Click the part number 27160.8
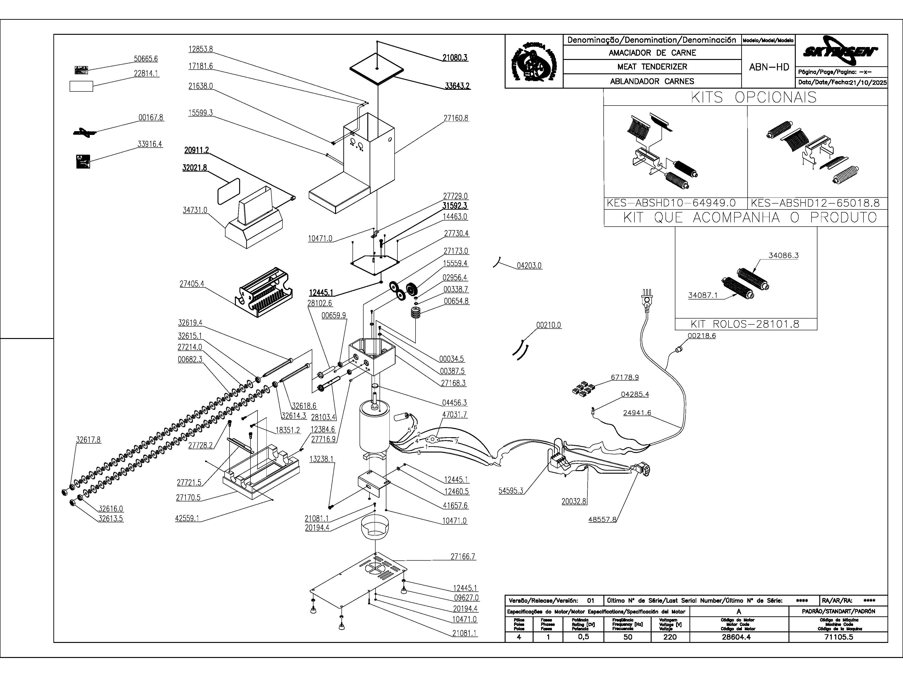pyautogui.click(x=456, y=118)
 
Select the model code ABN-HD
pyautogui.click(x=769, y=67)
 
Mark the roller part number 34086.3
pyautogui.click(x=783, y=256)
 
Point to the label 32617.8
pyautogui.click(x=88, y=440)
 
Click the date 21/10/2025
pyautogui.click(x=868, y=83)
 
